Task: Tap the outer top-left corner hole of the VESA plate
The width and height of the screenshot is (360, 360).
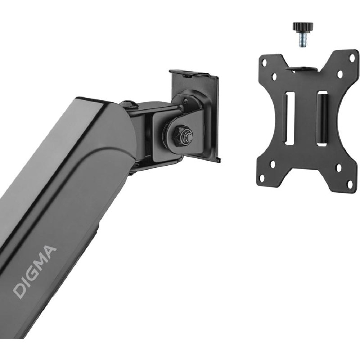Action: point(265,62)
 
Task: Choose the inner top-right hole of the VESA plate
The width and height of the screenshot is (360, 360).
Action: point(340,73)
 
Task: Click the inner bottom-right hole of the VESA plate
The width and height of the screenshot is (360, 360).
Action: point(339,168)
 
